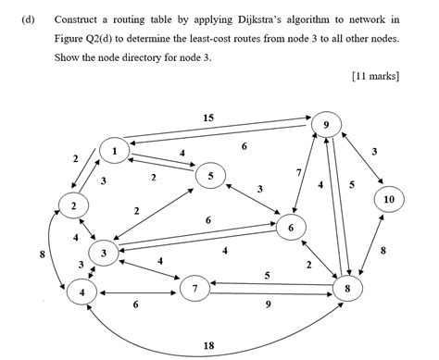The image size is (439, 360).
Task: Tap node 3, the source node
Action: (105, 253)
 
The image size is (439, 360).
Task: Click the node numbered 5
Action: (211, 175)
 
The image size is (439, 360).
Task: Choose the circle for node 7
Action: (194, 290)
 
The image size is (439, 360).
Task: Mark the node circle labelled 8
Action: (348, 289)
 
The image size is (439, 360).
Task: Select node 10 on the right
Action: (388, 199)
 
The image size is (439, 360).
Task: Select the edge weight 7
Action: (298, 173)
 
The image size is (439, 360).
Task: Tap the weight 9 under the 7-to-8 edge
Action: (269, 305)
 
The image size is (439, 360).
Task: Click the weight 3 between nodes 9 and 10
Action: (373, 151)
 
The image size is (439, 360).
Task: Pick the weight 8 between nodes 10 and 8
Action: (383, 250)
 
